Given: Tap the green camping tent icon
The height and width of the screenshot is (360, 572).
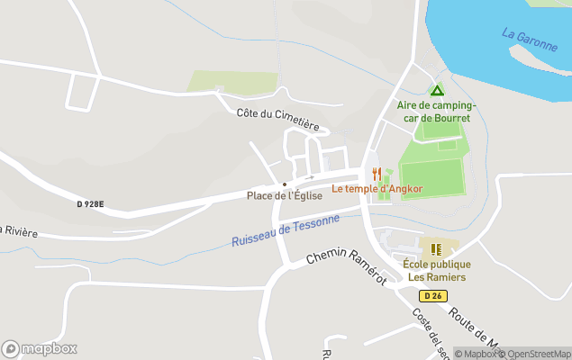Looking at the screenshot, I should tap(437, 90).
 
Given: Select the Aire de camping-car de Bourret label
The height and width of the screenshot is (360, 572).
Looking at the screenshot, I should tap(437, 111).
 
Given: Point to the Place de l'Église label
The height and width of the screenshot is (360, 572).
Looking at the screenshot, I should tap(285, 195).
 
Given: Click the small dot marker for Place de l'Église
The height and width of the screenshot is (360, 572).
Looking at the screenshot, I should tap(285, 184).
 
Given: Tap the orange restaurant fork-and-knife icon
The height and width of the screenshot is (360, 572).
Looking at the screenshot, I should tap(377, 174).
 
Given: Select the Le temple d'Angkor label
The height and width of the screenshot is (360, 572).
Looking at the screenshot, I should tap(377, 189).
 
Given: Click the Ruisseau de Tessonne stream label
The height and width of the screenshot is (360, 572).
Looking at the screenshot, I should tap(286, 230).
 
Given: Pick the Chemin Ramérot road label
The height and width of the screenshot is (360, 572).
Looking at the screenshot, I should tap(346, 266).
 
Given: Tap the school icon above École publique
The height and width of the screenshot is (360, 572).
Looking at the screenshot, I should tap(436, 249).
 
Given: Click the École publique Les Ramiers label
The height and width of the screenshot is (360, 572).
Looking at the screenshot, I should tap(437, 271).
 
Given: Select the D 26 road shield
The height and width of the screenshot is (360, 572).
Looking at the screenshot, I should tap(433, 296).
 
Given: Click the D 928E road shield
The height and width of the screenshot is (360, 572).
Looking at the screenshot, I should tap(91, 204).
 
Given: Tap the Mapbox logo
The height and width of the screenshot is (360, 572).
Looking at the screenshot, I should tap(40, 348).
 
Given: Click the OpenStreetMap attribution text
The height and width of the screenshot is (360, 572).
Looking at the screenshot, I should tap(538, 354).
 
